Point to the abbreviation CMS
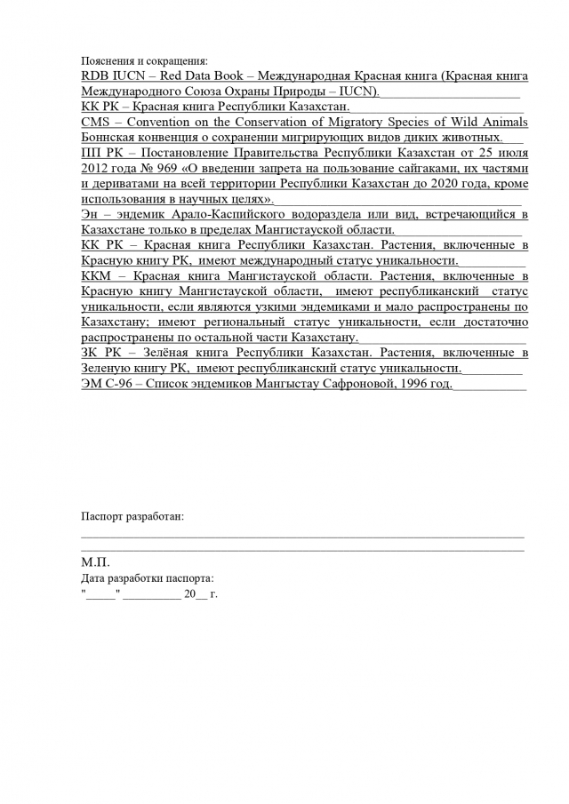click(x=94, y=122)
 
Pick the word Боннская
click(x=109, y=137)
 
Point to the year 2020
click(x=445, y=183)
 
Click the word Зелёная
click(x=151, y=353)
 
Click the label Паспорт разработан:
click(x=132, y=517)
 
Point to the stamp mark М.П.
click(x=94, y=563)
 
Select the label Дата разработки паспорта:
click(x=147, y=577)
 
